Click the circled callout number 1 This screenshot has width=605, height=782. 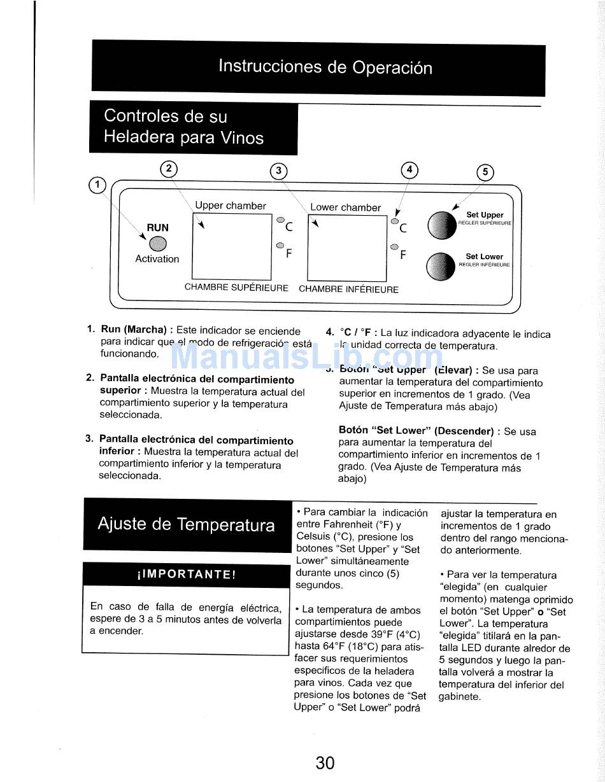[97, 185]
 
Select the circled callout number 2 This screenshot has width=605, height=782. [169, 169]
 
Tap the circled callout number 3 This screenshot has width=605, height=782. [279, 171]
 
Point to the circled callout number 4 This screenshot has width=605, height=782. [409, 170]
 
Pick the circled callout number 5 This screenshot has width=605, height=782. [485, 172]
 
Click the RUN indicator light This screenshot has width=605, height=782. [157, 243]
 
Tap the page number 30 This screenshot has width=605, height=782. [325, 762]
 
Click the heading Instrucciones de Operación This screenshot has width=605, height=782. [325, 67]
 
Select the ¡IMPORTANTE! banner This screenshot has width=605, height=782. [187, 574]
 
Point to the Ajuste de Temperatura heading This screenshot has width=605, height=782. [187, 525]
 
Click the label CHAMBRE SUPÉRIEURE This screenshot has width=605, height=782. [236, 288]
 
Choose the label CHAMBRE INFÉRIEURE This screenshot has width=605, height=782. [348, 290]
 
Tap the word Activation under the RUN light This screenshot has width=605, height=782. [157, 259]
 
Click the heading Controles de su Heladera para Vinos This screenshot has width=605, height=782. [183, 127]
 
